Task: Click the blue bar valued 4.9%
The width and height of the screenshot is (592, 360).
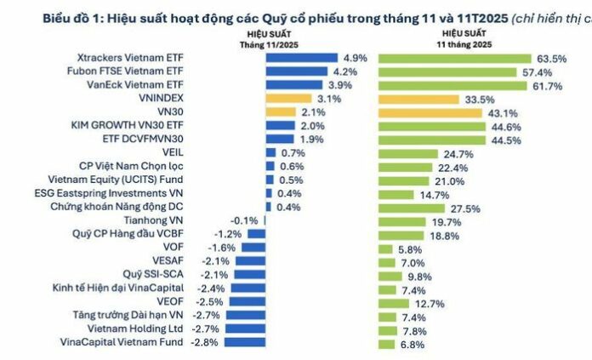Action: (x=303, y=58)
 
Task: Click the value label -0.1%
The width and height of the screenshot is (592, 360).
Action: (x=246, y=220)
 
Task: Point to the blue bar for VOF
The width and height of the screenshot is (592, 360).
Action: (x=248, y=249)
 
